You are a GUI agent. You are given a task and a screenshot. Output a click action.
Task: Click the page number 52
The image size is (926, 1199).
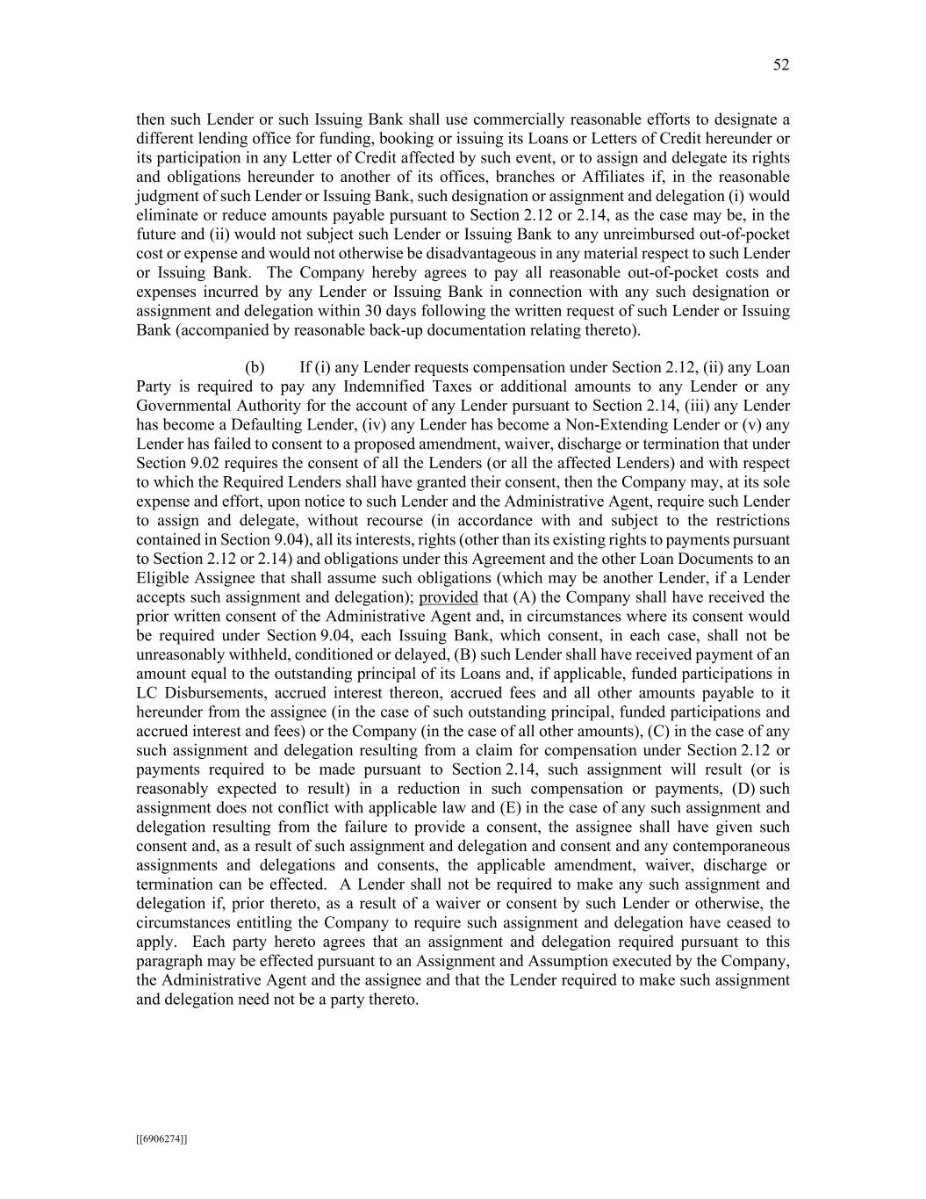[x=781, y=65]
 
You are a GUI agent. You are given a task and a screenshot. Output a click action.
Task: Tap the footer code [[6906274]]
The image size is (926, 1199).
[x=162, y=1139]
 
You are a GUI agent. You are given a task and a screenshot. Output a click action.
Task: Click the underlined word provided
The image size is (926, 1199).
[x=449, y=597]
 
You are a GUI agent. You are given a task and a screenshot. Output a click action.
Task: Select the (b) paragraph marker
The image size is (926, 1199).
[x=255, y=367]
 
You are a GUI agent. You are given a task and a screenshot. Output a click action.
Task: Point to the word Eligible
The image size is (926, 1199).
[x=162, y=578]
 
